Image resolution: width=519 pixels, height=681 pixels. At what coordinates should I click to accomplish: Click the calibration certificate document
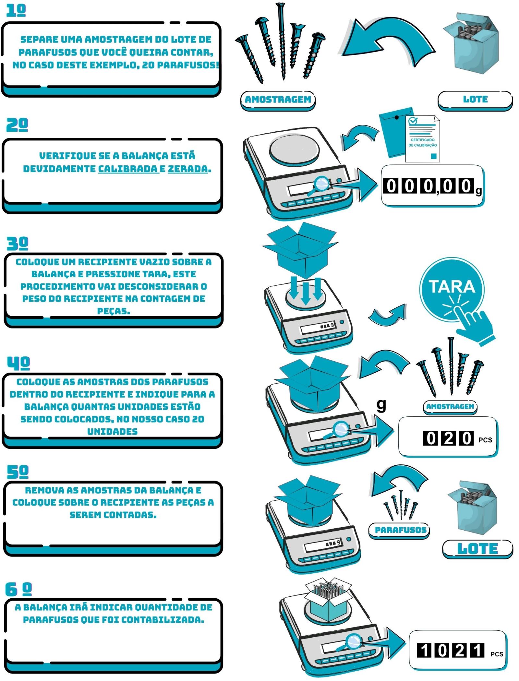click(x=422, y=138)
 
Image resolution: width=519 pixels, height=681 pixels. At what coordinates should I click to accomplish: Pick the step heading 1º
click(x=16, y=10)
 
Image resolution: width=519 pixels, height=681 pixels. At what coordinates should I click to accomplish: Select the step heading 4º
click(x=18, y=363)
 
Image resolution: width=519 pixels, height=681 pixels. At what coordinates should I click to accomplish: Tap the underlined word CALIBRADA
click(x=128, y=169)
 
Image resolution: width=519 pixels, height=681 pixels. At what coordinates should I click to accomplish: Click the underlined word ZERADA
click(x=188, y=169)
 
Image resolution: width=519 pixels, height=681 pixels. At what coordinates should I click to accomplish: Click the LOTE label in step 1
click(x=475, y=100)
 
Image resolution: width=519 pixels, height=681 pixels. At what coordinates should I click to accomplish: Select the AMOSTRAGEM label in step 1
click(x=278, y=100)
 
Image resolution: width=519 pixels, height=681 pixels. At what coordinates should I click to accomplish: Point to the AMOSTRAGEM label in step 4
click(x=450, y=407)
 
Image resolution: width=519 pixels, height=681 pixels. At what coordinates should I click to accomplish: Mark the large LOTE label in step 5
click(x=477, y=548)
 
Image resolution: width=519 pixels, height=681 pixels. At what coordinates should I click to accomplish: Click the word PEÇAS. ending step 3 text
click(x=114, y=311)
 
